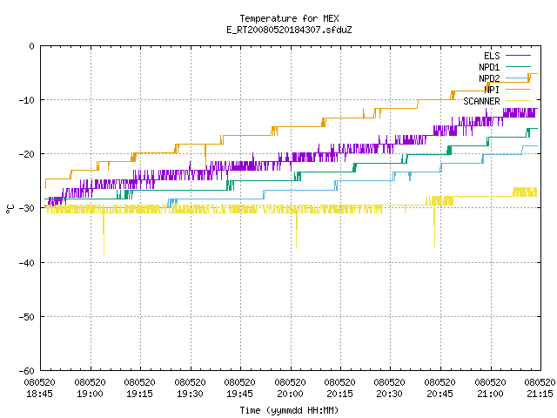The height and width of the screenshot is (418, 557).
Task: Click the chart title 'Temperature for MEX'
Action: tap(289, 18)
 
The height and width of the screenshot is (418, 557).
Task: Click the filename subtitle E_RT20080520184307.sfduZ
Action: tap(289, 30)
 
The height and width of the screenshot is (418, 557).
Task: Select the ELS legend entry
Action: tap(507, 56)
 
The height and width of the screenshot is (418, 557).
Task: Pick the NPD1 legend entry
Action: tap(505, 67)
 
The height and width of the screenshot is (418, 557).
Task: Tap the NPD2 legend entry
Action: tap(505, 78)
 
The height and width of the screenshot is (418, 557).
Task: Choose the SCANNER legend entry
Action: tap(497, 101)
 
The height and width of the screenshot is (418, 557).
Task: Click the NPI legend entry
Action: tap(507, 90)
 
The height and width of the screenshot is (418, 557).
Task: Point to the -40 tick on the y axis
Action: tap(27, 263)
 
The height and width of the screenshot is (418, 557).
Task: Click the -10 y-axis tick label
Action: tap(27, 100)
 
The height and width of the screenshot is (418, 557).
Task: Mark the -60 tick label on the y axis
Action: tap(27, 371)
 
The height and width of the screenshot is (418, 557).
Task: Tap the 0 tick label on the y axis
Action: tap(32, 46)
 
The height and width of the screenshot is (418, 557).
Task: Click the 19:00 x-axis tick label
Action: tap(90, 388)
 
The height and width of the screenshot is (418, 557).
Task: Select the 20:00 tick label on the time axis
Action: tap(290, 388)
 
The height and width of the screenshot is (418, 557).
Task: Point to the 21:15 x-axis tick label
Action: tap(540, 388)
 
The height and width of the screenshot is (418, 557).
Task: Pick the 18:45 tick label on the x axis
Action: tap(40, 388)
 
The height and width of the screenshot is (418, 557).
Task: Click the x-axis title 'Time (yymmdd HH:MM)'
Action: tap(289, 410)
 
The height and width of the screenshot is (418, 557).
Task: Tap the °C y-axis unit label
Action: tap(10, 209)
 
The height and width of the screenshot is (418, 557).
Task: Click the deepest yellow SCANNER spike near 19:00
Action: tap(104, 234)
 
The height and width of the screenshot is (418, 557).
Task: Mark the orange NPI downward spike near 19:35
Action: tap(205, 157)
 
